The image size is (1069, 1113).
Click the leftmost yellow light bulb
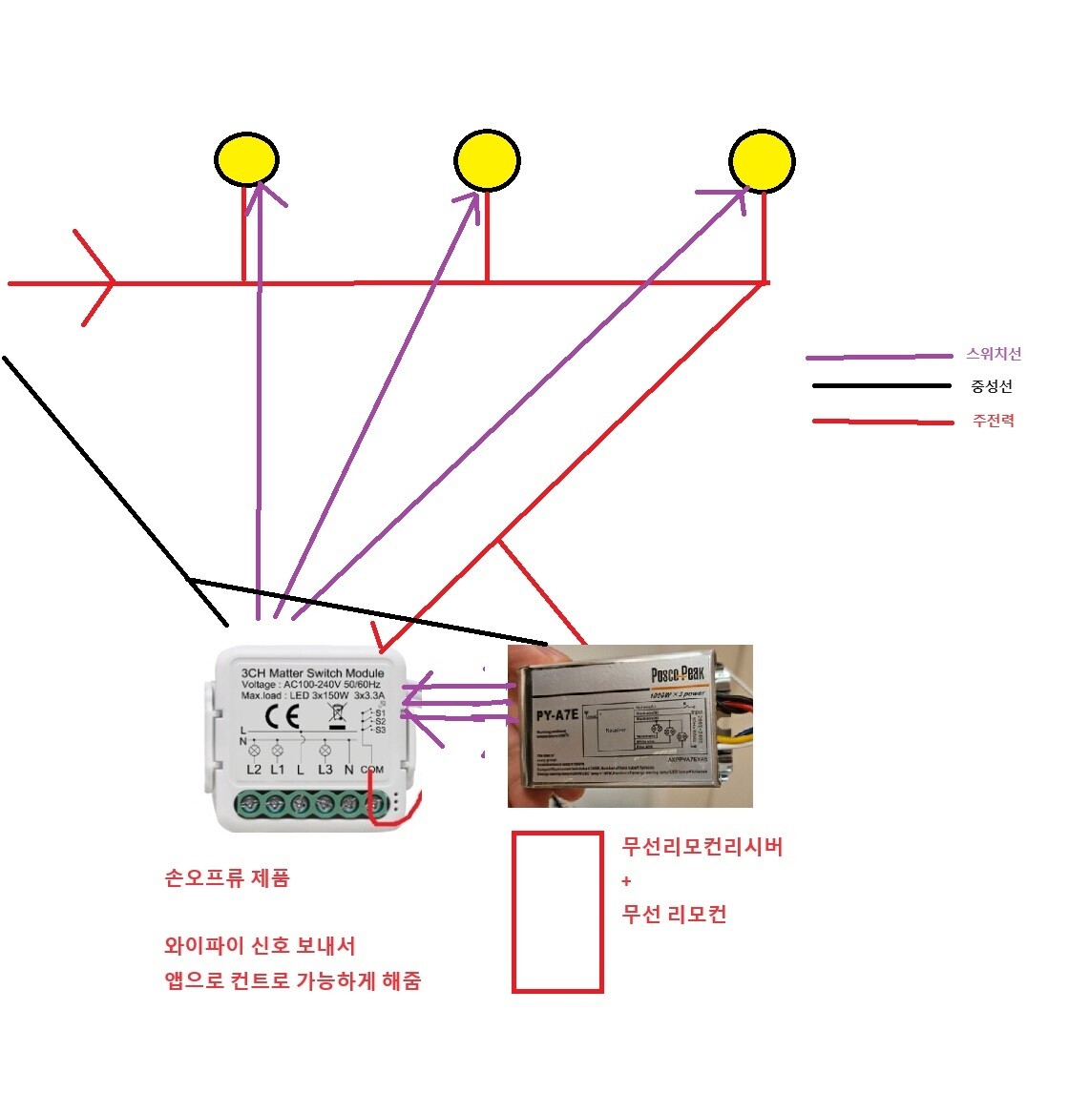click(x=246, y=158)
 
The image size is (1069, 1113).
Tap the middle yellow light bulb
click(x=487, y=160)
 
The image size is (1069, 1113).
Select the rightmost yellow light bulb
click(x=762, y=159)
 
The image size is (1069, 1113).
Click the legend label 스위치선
click(x=994, y=354)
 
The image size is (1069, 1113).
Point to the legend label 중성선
click(x=992, y=386)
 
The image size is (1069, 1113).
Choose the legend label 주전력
click(x=993, y=421)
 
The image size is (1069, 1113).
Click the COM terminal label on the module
click(x=372, y=770)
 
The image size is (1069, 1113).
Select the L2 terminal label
click(x=254, y=770)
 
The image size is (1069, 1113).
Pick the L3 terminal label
click(x=325, y=770)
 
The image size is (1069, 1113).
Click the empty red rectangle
click(x=557, y=912)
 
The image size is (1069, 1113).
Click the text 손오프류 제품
click(x=227, y=878)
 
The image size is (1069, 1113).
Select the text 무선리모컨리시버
click(x=702, y=846)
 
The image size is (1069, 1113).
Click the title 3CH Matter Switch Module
click(x=313, y=672)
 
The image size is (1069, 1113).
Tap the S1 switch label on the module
click(x=380, y=712)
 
